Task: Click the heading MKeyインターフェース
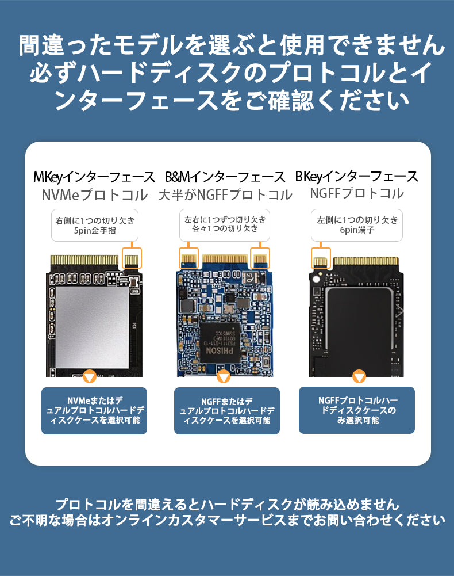point(94,177)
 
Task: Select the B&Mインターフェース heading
point(225,177)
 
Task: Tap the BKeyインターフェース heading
point(356,176)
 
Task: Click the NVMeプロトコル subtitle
point(95,194)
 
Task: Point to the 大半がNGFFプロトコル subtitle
point(225,194)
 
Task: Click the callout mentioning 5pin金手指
point(95,225)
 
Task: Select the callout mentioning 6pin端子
point(357,225)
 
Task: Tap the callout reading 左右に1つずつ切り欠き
point(225,225)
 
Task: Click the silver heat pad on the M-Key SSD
point(92,327)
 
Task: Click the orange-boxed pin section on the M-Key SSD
point(132,258)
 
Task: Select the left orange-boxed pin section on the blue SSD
point(188,258)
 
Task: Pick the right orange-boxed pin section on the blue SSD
point(260,258)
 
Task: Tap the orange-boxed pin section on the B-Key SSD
point(321,258)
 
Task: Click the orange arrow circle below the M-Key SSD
point(90,376)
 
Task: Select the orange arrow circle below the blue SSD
point(223,376)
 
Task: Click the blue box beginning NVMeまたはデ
point(94,411)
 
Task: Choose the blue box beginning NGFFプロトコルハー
point(357,410)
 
